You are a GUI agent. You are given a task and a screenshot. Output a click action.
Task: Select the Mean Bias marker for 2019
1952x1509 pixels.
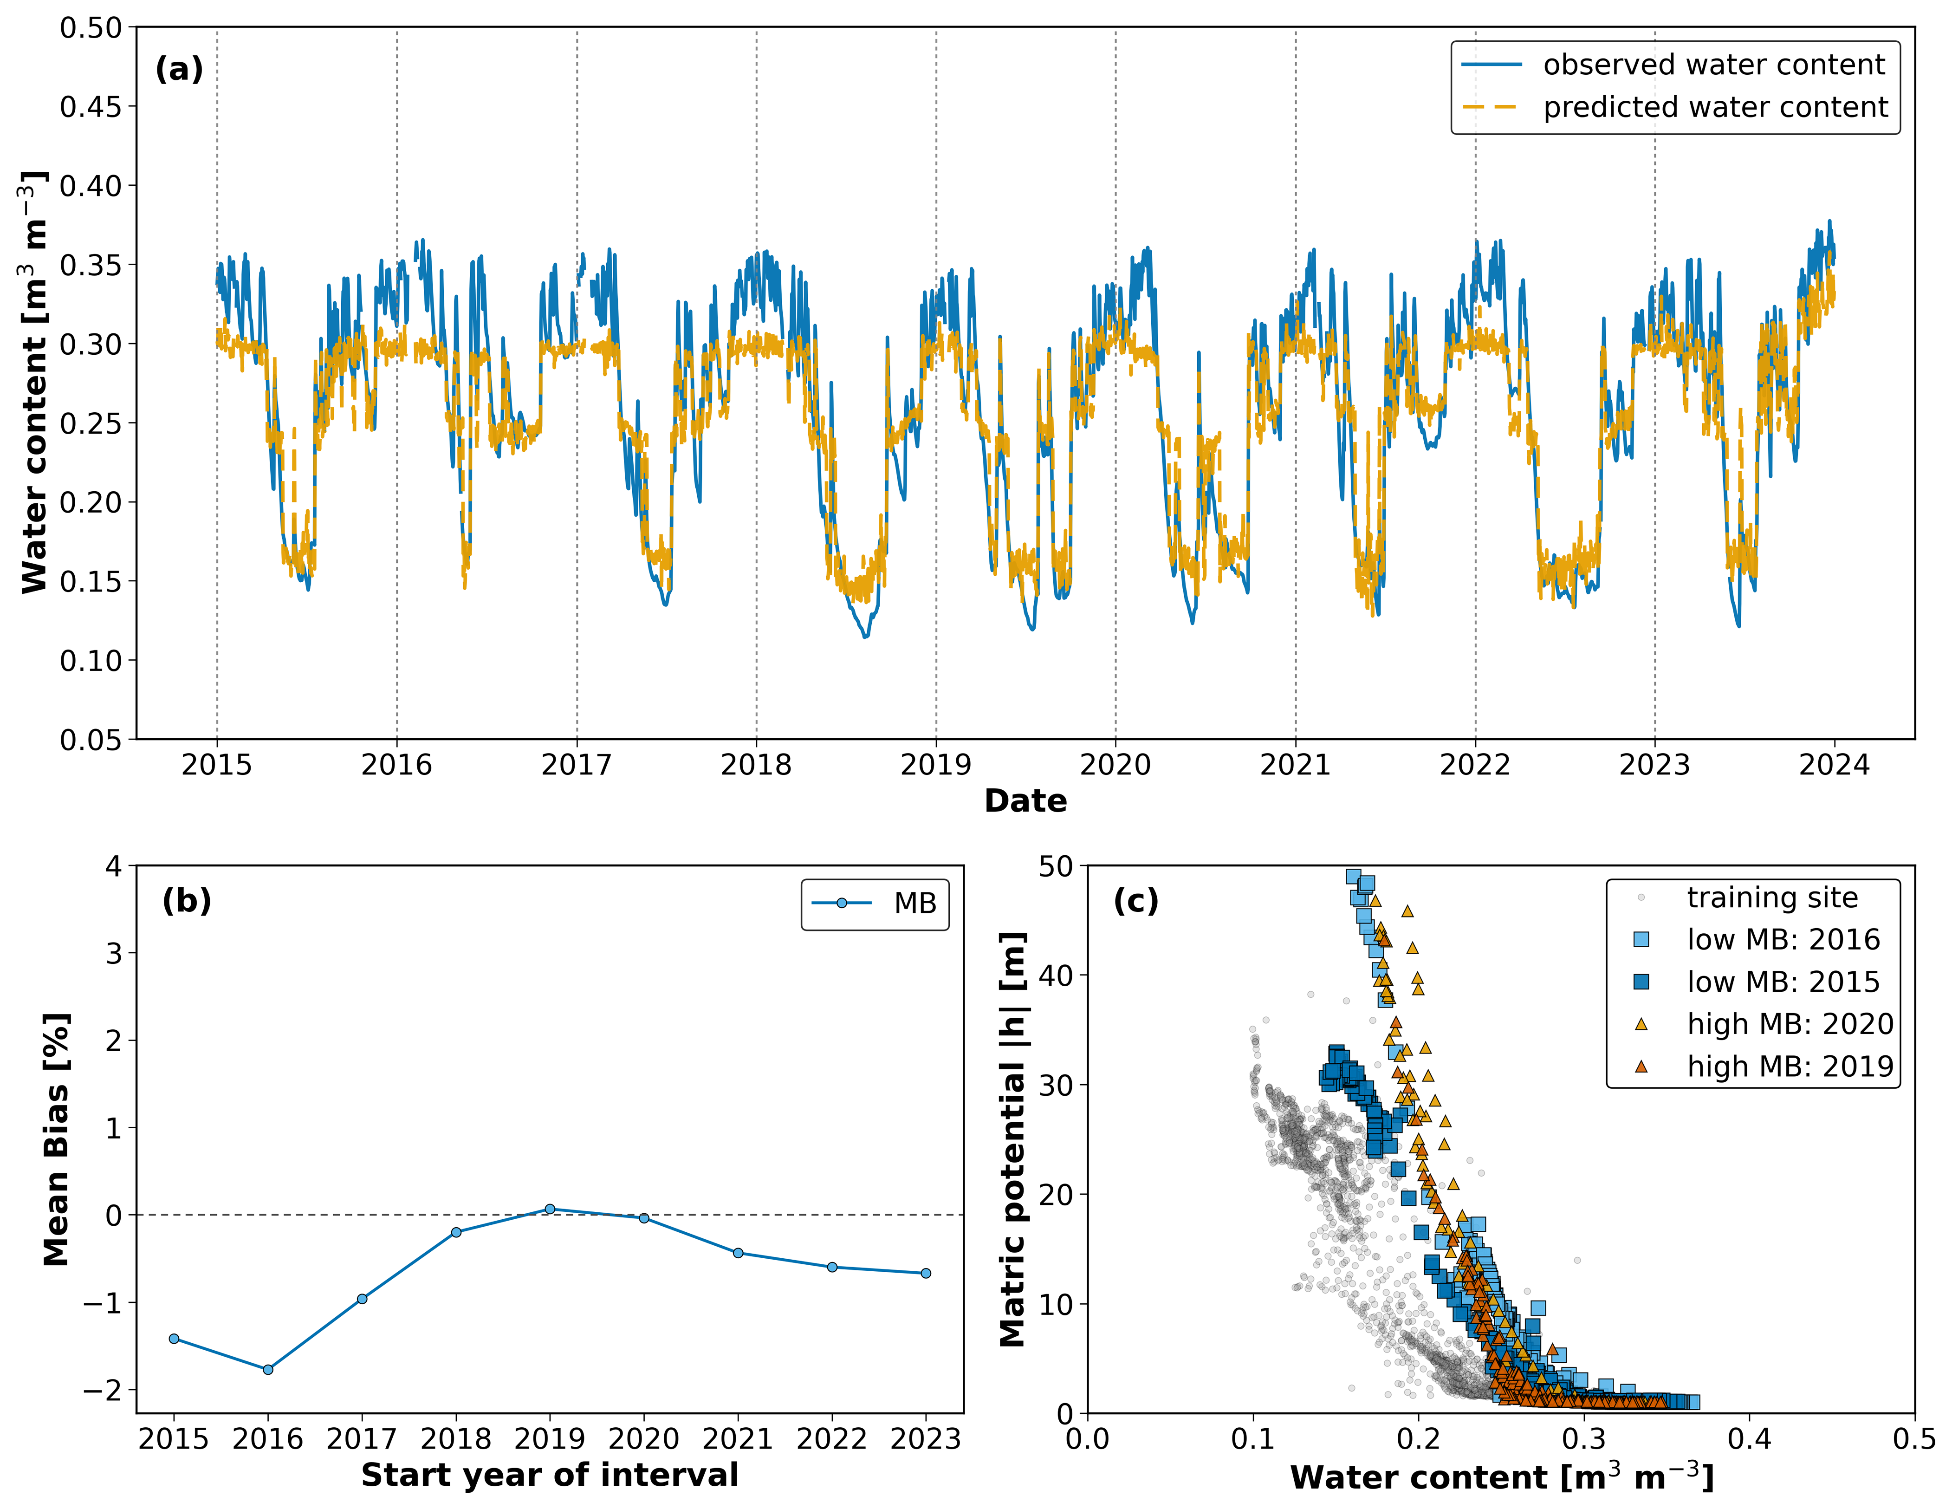[x=550, y=1209]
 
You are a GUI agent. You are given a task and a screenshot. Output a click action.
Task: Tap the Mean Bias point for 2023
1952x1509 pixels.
[x=926, y=1273]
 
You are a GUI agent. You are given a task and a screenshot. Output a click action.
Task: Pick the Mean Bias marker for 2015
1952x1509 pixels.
[x=174, y=1338]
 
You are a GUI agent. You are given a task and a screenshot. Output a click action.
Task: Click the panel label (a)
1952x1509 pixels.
[x=179, y=69]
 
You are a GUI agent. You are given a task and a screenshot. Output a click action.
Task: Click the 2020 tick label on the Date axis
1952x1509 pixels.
[x=1115, y=765]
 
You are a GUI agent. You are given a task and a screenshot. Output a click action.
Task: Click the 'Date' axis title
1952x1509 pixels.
[x=1025, y=801]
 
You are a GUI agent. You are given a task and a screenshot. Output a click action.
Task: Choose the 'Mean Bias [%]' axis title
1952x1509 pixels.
[x=56, y=1140]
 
